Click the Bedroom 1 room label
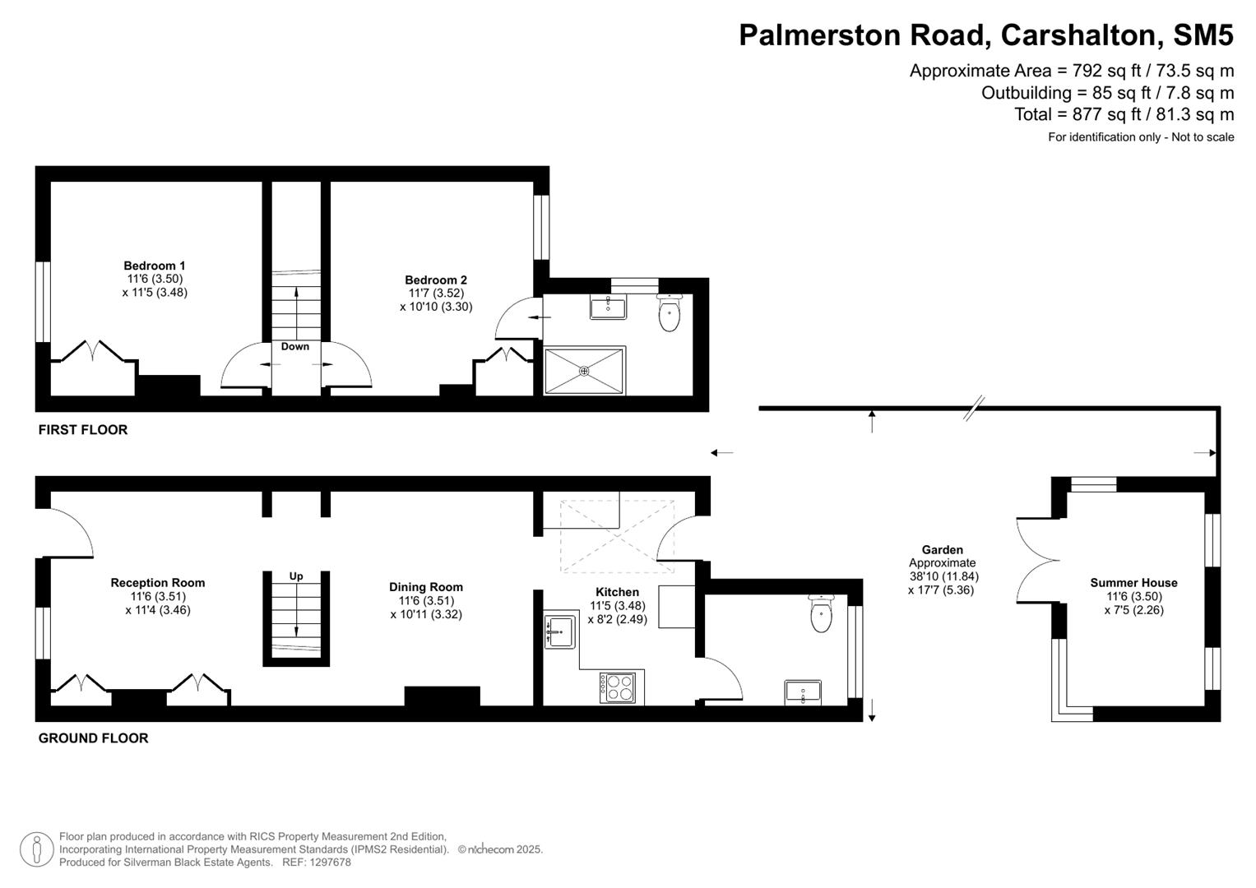tap(155, 266)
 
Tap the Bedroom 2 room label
tap(436, 280)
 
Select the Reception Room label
tap(158, 583)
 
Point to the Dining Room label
tap(426, 587)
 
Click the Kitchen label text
tap(617, 592)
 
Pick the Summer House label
tap(1133, 583)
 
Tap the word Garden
tap(942, 550)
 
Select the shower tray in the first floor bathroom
tap(585, 371)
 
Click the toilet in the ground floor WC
tap(821, 614)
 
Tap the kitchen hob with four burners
tap(618, 687)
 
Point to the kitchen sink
tap(559, 631)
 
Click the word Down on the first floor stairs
tap(295, 347)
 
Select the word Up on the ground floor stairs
tap(296, 576)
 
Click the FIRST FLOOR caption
tap(83, 430)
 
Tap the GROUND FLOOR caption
tap(94, 738)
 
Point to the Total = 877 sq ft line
tap(1124, 114)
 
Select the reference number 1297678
tap(327, 863)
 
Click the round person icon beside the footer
tap(36, 849)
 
